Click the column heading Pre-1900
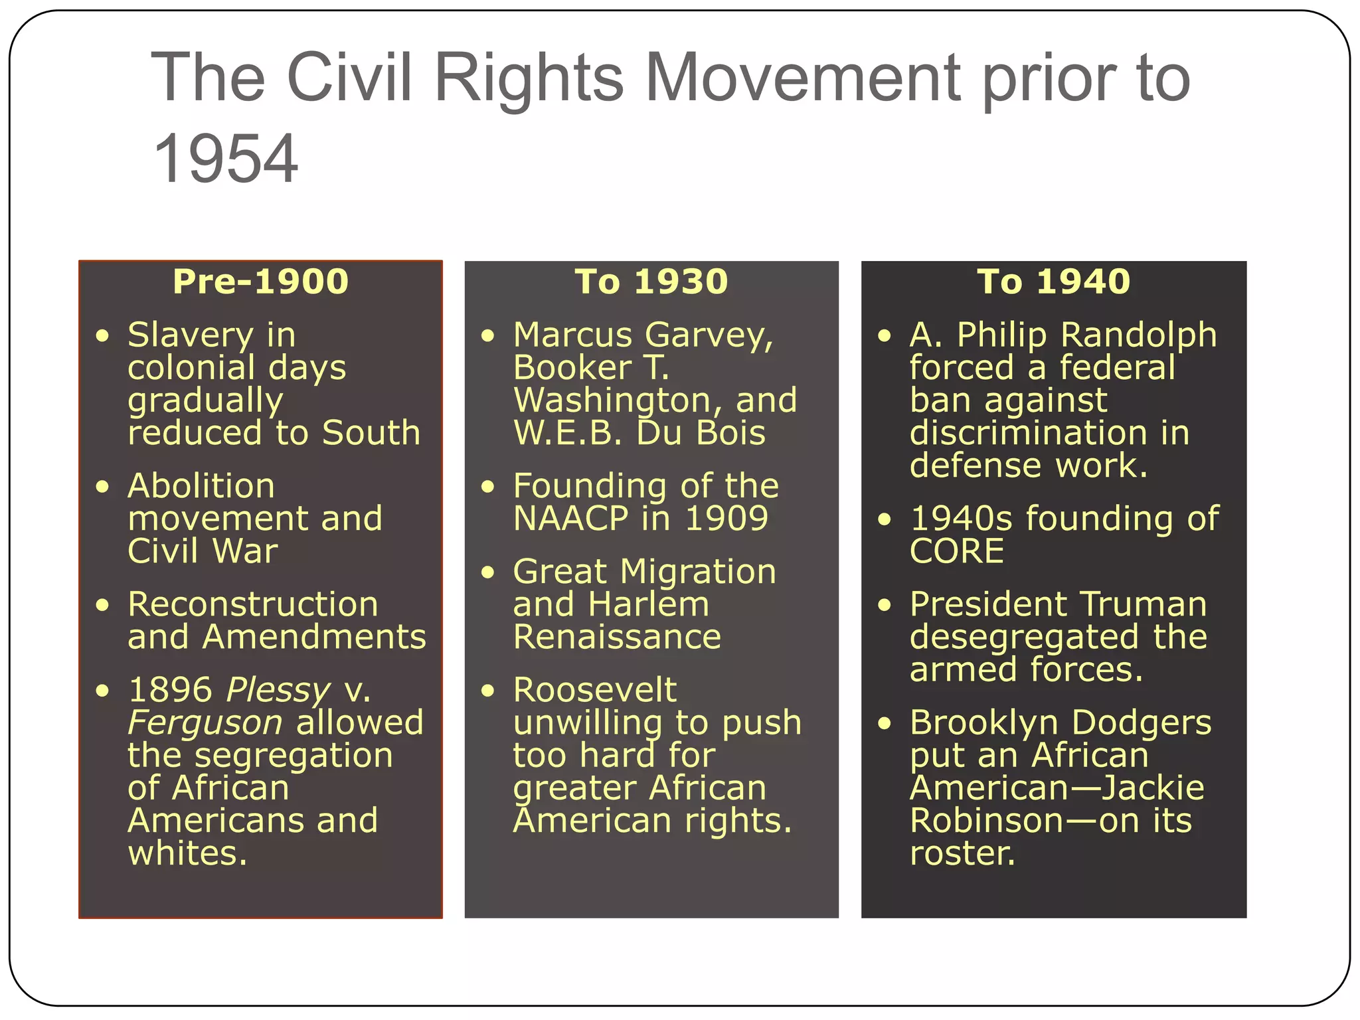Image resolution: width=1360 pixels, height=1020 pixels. click(260, 282)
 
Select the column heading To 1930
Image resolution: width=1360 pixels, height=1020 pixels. click(651, 282)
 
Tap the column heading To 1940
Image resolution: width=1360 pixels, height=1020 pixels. click(1053, 282)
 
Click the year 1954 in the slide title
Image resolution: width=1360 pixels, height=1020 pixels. click(225, 159)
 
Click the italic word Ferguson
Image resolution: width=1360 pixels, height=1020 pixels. click(205, 722)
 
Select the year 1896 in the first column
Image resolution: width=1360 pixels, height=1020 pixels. click(170, 690)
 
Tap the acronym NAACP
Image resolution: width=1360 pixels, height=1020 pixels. click(570, 519)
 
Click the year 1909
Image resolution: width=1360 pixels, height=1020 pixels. click(726, 519)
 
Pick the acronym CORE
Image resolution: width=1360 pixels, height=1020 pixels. click(956, 551)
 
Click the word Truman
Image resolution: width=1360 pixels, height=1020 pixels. click(1143, 604)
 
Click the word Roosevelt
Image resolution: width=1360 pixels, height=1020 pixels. click(594, 690)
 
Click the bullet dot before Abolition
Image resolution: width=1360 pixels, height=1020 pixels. click(102, 487)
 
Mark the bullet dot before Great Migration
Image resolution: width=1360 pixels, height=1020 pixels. click(488, 572)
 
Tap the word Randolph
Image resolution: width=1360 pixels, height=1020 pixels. click(1138, 335)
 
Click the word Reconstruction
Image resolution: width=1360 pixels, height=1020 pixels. click(252, 604)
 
